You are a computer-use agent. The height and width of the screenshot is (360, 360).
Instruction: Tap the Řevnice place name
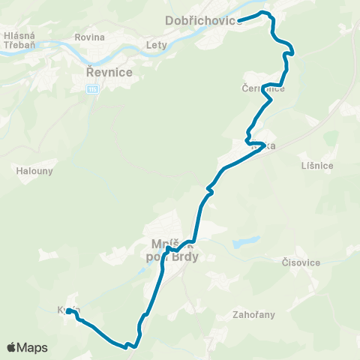coord(109,72)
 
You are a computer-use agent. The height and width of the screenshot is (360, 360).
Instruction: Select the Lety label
coord(157,45)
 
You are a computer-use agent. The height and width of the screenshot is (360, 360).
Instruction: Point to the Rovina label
coord(90,37)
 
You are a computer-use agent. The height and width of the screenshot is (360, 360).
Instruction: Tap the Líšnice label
coord(315,165)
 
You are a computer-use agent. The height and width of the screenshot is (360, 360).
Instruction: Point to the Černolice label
coord(263,88)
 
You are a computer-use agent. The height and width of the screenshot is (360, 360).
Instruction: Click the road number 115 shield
coord(92,89)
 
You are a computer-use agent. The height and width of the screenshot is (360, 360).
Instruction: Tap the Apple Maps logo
coord(27,348)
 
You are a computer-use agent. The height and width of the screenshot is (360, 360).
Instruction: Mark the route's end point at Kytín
coord(69,310)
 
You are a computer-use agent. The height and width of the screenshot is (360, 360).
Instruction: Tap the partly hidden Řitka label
coord(262,146)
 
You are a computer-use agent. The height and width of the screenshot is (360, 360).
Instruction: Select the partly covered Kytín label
coord(66,310)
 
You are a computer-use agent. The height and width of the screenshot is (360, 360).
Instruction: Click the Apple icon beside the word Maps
coord(11,347)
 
